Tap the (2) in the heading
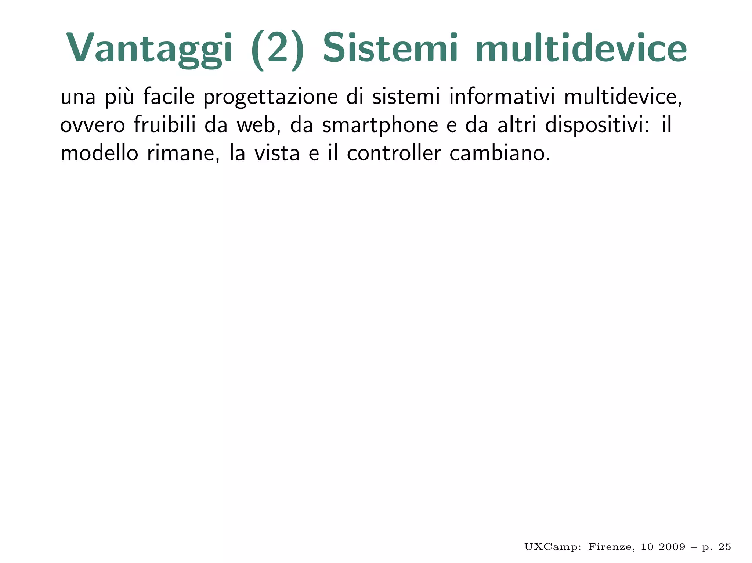point(278,50)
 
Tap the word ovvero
point(93,126)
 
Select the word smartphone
point(380,126)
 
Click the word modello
point(99,153)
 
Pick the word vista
point(277,153)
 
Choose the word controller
point(394,153)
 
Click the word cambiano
point(500,153)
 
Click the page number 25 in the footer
point(724,547)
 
